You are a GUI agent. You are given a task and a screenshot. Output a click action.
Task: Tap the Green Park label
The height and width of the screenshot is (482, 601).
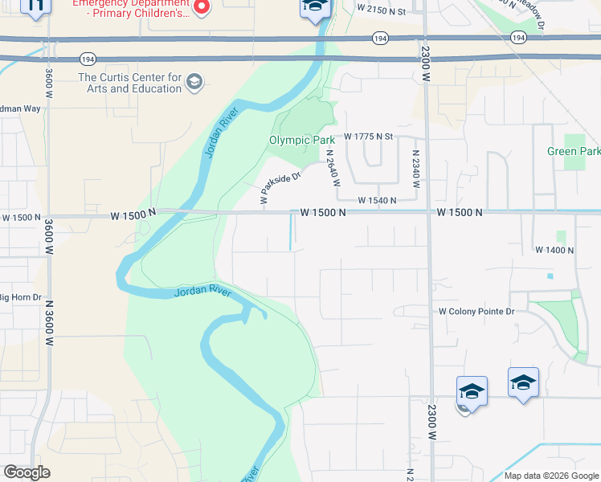point(573,151)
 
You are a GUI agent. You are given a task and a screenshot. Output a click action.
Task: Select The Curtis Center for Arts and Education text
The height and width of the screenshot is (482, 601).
point(129,83)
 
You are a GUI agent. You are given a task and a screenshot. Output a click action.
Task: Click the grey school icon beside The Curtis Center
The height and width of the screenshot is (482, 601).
point(194,82)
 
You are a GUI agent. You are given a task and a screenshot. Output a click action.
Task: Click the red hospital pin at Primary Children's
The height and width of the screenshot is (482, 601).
point(202,7)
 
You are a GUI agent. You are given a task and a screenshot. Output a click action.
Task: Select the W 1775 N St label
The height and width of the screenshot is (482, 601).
point(367,137)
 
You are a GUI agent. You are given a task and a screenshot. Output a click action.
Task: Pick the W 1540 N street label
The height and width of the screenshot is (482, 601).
point(377,200)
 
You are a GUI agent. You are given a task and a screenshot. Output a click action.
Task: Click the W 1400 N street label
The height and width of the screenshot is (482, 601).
point(554,251)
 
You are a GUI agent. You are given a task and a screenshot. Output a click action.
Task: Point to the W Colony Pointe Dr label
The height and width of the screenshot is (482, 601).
point(475,312)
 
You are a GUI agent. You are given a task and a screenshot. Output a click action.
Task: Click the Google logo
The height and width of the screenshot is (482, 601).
point(27,472)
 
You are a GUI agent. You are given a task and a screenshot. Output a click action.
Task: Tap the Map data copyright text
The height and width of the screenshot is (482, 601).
point(551,476)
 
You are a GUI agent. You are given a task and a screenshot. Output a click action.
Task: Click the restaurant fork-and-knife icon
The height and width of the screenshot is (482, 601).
point(35,6)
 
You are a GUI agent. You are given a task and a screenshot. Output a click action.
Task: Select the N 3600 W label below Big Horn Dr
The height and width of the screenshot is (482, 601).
point(49,323)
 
